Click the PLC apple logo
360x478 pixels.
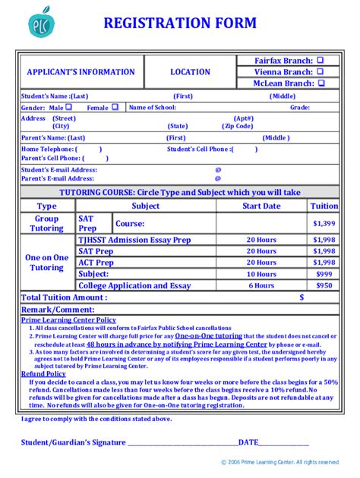pyautogui.click(x=41, y=25)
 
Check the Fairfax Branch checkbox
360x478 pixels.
pyautogui.click(x=320, y=60)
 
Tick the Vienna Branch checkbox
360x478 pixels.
pyautogui.click(x=320, y=71)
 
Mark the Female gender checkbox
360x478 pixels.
pyautogui.click(x=115, y=108)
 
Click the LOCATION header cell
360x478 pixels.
pyautogui.click(x=190, y=72)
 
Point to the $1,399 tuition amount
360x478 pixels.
pyautogui.click(x=324, y=224)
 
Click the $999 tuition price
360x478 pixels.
pyautogui.click(x=324, y=274)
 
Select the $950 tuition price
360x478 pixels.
pyautogui.click(x=324, y=285)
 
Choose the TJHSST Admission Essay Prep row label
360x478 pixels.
pyautogui.click(x=134, y=240)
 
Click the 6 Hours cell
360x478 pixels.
pyautogui.click(x=261, y=285)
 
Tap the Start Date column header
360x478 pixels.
pyautogui.click(x=261, y=206)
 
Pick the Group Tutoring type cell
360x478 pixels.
pyautogui.click(x=46, y=223)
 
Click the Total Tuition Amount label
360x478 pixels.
pyautogui.click(x=64, y=297)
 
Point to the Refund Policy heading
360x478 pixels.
pyautogui.click(x=43, y=374)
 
